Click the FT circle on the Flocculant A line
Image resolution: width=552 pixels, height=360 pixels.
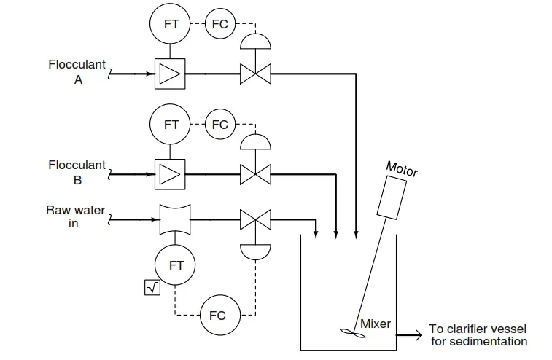click(170, 23)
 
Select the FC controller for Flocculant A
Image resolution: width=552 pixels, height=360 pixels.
click(220, 24)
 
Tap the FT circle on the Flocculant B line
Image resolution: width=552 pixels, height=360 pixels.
click(170, 124)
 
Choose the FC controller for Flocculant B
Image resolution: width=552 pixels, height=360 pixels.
click(220, 124)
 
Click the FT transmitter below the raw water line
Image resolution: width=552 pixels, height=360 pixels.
click(175, 265)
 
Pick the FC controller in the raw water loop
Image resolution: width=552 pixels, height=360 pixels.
click(220, 315)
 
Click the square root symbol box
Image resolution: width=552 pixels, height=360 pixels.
click(152, 288)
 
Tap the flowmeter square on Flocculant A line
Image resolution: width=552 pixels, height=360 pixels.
click(170, 74)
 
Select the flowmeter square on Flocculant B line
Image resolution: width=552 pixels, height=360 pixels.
click(170, 174)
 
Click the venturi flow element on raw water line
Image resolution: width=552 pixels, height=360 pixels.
click(175, 219)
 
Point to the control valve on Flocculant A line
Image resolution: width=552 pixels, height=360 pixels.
click(255, 74)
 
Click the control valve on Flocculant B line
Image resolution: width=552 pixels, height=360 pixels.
click(255, 174)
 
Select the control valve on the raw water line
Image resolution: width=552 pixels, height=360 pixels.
click(255, 219)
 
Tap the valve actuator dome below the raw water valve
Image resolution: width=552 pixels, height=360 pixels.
click(255, 251)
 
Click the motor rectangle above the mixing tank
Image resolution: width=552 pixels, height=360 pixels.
click(392, 197)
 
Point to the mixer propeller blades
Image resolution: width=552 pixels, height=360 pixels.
click(353, 333)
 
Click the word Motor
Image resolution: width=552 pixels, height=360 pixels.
click(402, 169)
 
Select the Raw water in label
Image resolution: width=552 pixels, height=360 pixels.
click(75, 216)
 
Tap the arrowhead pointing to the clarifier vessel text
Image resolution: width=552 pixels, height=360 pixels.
click(419, 335)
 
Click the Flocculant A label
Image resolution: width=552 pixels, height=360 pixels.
click(77, 72)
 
